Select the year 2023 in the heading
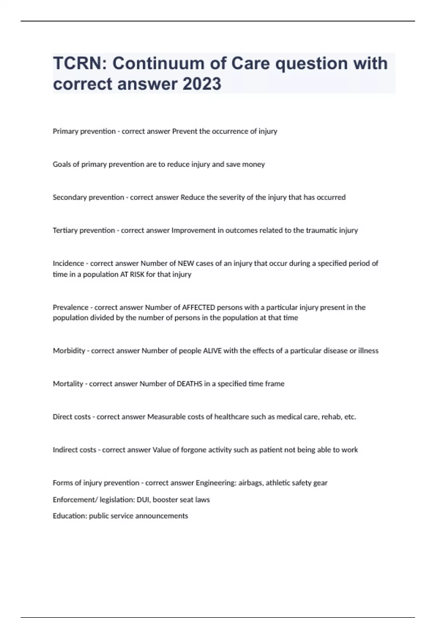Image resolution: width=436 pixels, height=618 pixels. [202, 84]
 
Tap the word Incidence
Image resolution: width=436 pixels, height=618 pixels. [68, 263]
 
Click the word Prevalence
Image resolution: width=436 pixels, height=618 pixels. [70, 308]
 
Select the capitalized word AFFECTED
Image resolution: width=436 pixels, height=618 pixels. [198, 308]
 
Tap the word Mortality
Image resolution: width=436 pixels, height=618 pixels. [68, 384]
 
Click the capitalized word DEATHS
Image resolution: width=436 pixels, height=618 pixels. [189, 384]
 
